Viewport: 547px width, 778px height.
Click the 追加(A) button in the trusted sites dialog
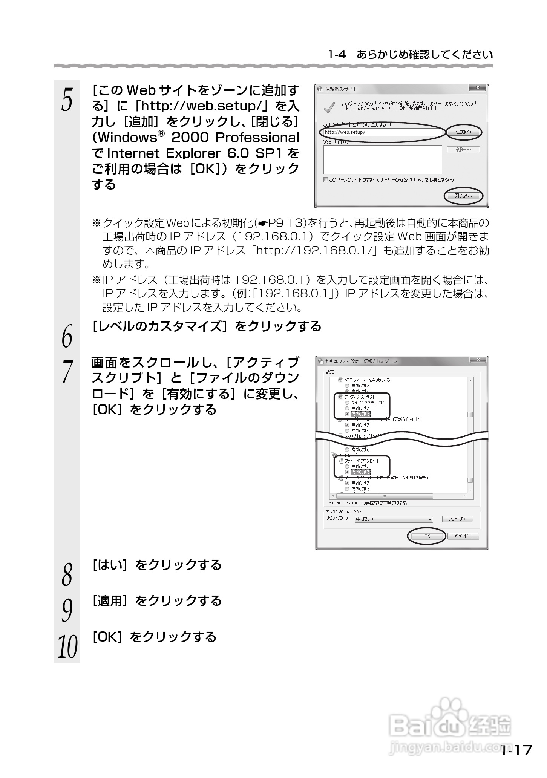pyautogui.click(x=463, y=132)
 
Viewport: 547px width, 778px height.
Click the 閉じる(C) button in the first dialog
pyautogui.click(x=463, y=196)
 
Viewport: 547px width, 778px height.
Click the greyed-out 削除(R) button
pyautogui.click(x=463, y=150)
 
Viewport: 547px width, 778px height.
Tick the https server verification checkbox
pyautogui.click(x=326, y=180)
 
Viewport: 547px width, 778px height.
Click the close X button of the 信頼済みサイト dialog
pyautogui.click(x=478, y=88)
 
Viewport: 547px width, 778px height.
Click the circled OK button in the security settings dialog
pyautogui.click(x=427, y=536)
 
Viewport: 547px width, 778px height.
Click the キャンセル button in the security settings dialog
pyautogui.click(x=463, y=536)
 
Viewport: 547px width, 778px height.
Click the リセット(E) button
pyautogui.click(x=457, y=519)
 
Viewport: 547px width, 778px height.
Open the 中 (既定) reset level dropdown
pyautogui.click(x=394, y=519)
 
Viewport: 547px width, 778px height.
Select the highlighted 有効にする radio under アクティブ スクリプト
pyautogui.click(x=347, y=414)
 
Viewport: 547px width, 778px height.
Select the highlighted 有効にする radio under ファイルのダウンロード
pyautogui.click(x=347, y=472)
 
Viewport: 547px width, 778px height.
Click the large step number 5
pyautogui.click(x=67, y=100)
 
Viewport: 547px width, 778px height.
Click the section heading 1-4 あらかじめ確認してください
pyautogui.click(x=410, y=55)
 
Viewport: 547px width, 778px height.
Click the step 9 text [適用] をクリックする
pyautogui.click(x=157, y=601)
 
